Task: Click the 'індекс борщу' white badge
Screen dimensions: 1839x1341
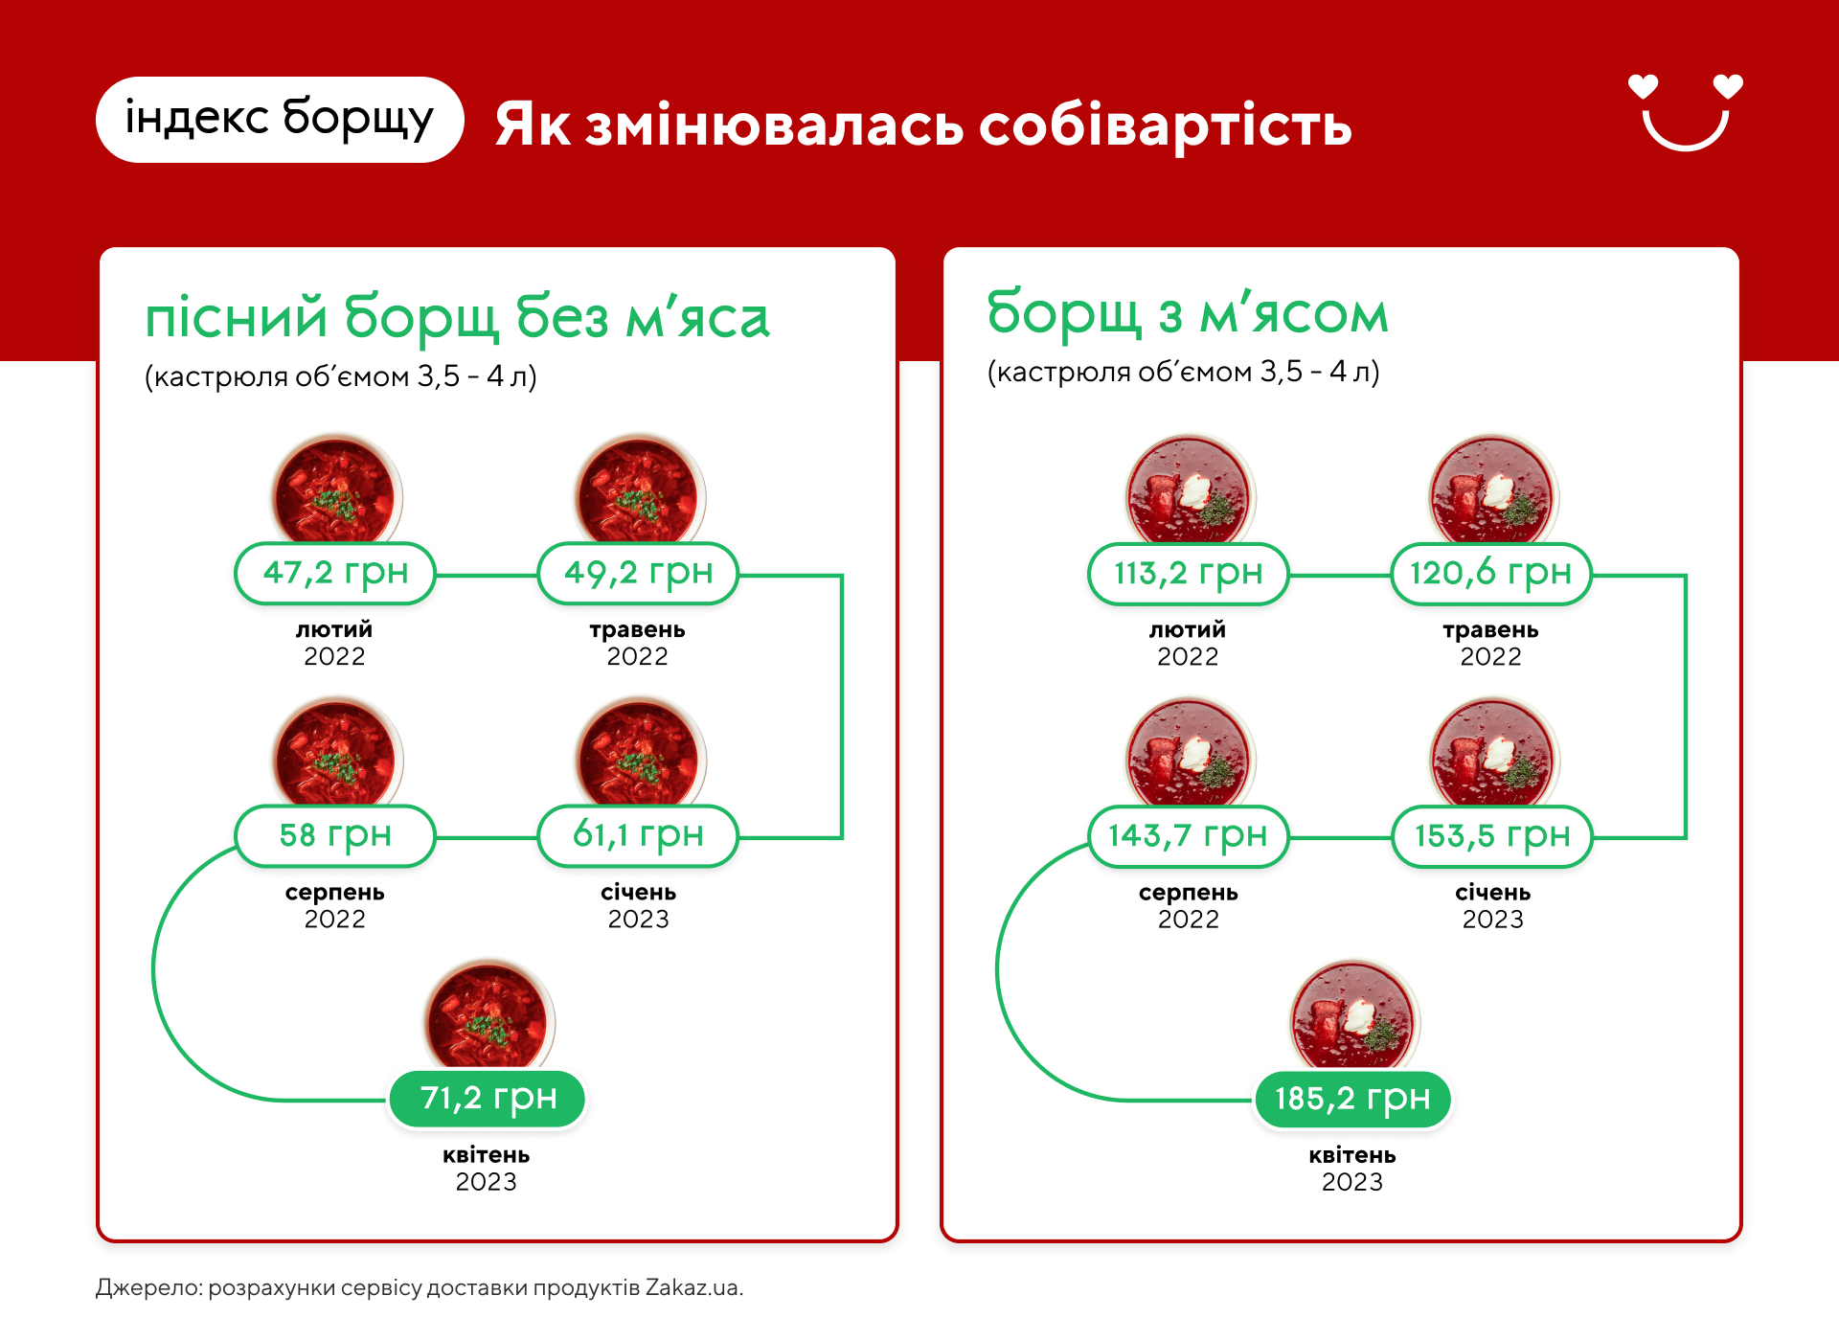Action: (x=280, y=120)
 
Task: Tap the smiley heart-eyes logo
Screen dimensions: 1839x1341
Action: (x=1686, y=112)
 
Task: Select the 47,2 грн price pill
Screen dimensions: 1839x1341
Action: (x=335, y=574)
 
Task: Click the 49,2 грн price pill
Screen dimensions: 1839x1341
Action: (x=638, y=574)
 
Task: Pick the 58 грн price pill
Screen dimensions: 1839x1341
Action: (x=335, y=836)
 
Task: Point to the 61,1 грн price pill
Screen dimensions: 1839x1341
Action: (x=638, y=836)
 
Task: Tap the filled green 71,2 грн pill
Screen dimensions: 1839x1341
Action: (x=488, y=1099)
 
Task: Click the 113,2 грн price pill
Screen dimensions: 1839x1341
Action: (x=1189, y=574)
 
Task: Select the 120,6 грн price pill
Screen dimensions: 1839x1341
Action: (x=1491, y=574)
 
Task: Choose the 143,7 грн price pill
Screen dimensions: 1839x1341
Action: (x=1189, y=836)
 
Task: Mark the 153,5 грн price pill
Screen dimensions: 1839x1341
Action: (x=1491, y=836)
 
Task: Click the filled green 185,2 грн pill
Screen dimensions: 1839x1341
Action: (x=1352, y=1099)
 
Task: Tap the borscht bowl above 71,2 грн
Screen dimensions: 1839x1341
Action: (x=488, y=1015)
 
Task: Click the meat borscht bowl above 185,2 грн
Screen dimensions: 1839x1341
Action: (x=1352, y=1015)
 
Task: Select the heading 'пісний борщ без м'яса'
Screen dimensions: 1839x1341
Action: (x=457, y=318)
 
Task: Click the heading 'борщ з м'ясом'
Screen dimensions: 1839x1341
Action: (x=1188, y=313)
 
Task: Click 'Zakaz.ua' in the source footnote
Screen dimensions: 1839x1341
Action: (x=693, y=1287)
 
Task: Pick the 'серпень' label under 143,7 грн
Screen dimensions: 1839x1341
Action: (x=1189, y=893)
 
